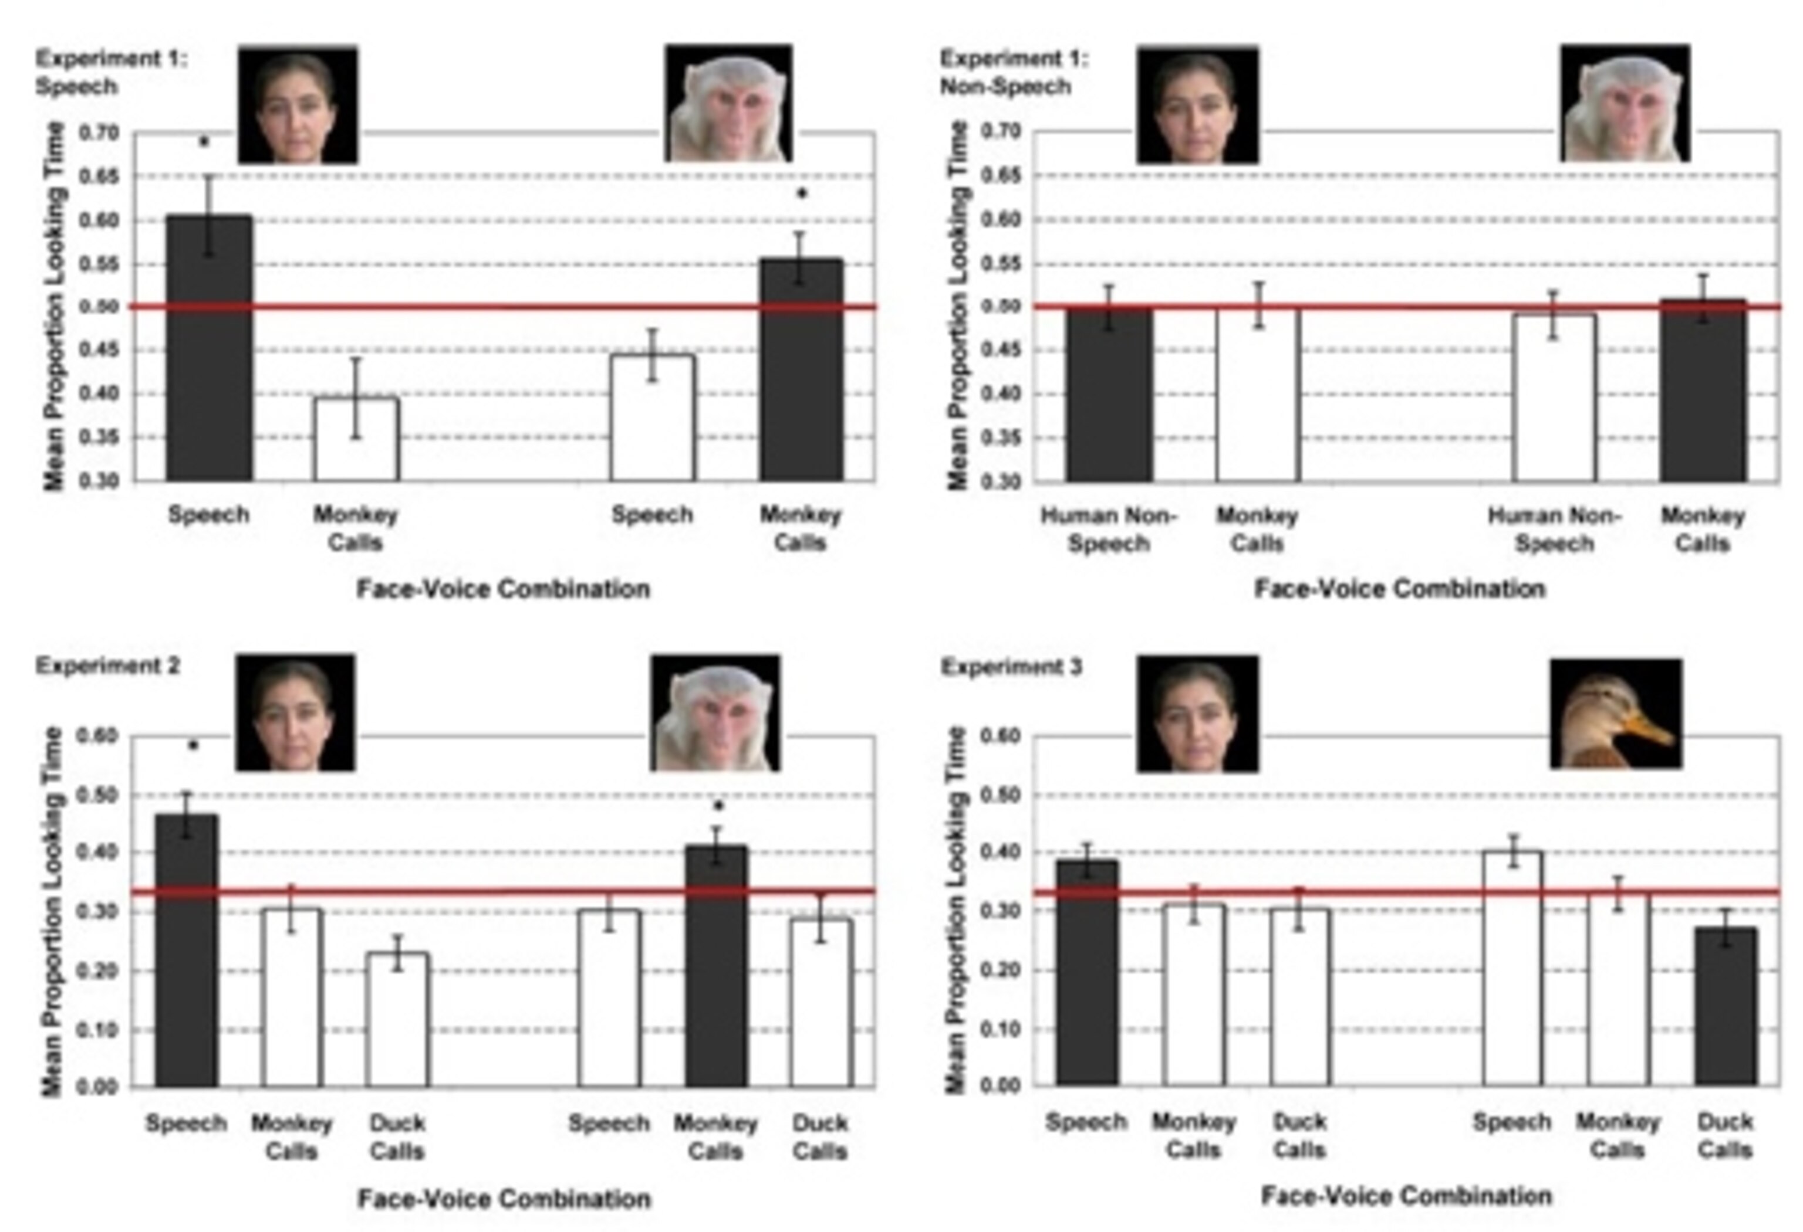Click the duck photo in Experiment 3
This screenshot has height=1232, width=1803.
(1615, 713)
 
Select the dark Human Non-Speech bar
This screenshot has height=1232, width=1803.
(1109, 395)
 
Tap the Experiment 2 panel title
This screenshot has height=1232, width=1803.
(108, 666)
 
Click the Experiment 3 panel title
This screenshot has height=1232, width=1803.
(1011, 667)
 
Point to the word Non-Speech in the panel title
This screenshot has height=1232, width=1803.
(1005, 87)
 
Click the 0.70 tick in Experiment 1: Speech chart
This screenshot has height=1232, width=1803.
(99, 133)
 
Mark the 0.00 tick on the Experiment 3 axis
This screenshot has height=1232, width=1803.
(1001, 1085)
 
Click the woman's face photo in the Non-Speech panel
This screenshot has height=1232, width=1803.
(1197, 104)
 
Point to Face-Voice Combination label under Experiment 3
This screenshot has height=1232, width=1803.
(1406, 1196)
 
